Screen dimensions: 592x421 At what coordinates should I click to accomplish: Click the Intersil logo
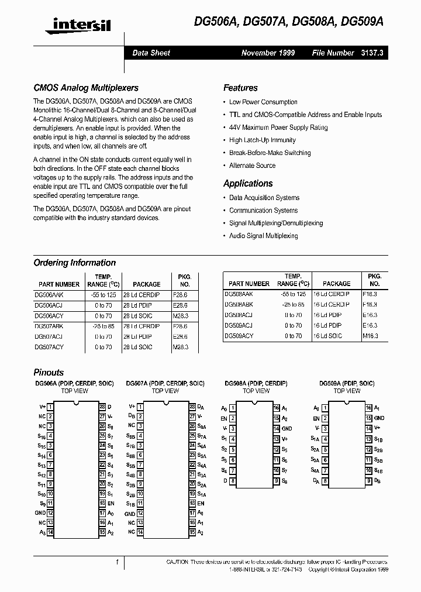click(73, 25)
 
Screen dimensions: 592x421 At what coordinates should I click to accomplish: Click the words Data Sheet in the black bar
click(151, 53)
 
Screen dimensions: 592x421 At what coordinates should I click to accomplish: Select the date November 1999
click(268, 53)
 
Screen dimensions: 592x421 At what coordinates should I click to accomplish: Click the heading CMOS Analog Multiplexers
click(86, 88)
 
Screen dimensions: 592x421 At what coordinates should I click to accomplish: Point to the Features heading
click(240, 88)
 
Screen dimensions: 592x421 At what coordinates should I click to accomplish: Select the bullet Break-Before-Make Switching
click(270, 153)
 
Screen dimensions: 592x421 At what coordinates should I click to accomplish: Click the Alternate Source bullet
click(252, 166)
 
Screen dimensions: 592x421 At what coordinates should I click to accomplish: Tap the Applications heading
click(248, 184)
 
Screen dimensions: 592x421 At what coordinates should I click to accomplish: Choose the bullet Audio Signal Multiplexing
click(263, 236)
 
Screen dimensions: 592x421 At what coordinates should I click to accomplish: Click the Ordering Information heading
click(74, 263)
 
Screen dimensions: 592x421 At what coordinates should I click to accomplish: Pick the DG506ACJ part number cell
click(49, 305)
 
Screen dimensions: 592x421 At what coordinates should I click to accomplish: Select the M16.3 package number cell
click(370, 336)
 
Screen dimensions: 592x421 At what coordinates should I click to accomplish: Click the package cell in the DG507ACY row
click(138, 347)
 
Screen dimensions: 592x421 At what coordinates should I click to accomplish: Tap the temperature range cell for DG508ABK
click(293, 304)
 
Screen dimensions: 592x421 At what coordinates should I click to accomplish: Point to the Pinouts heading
click(49, 373)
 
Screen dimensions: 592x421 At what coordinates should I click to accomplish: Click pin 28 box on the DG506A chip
click(102, 406)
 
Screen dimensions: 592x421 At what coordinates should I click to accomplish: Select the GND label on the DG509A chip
click(379, 418)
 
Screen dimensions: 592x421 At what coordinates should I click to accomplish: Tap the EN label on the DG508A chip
click(224, 418)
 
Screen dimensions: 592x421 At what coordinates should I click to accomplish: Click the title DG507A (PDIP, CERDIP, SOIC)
click(165, 384)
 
